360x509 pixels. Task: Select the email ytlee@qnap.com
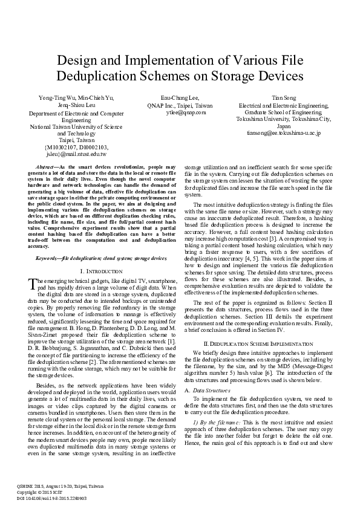184,112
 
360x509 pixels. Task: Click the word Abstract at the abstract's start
47,166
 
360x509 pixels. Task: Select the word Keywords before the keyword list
48,258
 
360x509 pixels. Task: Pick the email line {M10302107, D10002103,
77,147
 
